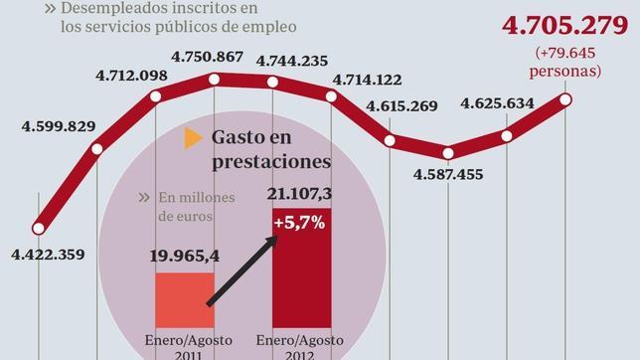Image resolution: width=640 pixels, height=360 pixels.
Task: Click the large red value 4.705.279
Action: pos(560,25)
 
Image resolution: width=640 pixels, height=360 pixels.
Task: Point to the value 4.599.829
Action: pos(60,125)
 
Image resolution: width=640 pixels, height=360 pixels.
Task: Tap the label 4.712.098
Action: pos(131,76)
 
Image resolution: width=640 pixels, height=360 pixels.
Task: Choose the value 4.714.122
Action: pos(366,81)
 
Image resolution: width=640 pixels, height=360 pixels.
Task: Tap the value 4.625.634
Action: pos(499,102)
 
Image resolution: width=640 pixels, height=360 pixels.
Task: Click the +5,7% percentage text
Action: pos(301,223)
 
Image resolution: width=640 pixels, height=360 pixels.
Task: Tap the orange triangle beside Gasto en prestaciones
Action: pos(189,138)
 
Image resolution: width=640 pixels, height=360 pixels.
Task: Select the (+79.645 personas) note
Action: pos(567,62)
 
